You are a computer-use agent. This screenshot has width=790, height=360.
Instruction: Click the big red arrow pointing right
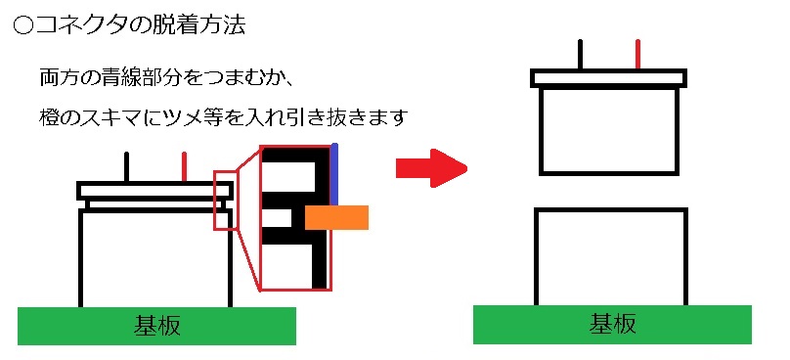[431, 168]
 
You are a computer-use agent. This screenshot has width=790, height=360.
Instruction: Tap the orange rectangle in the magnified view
[336, 217]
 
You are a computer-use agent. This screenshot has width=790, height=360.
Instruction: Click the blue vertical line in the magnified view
[334, 174]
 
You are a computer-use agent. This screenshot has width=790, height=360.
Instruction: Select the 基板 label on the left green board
[156, 326]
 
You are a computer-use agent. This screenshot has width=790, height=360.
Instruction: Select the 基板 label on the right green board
[612, 324]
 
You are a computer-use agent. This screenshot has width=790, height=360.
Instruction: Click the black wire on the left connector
[126, 167]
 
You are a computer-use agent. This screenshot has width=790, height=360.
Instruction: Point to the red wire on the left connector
[185, 167]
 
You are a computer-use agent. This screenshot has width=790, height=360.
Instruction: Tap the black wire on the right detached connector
[581, 55]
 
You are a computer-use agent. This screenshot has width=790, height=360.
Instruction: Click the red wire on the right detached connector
[638, 55]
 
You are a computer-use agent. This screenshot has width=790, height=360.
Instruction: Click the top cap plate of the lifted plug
[608, 78]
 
